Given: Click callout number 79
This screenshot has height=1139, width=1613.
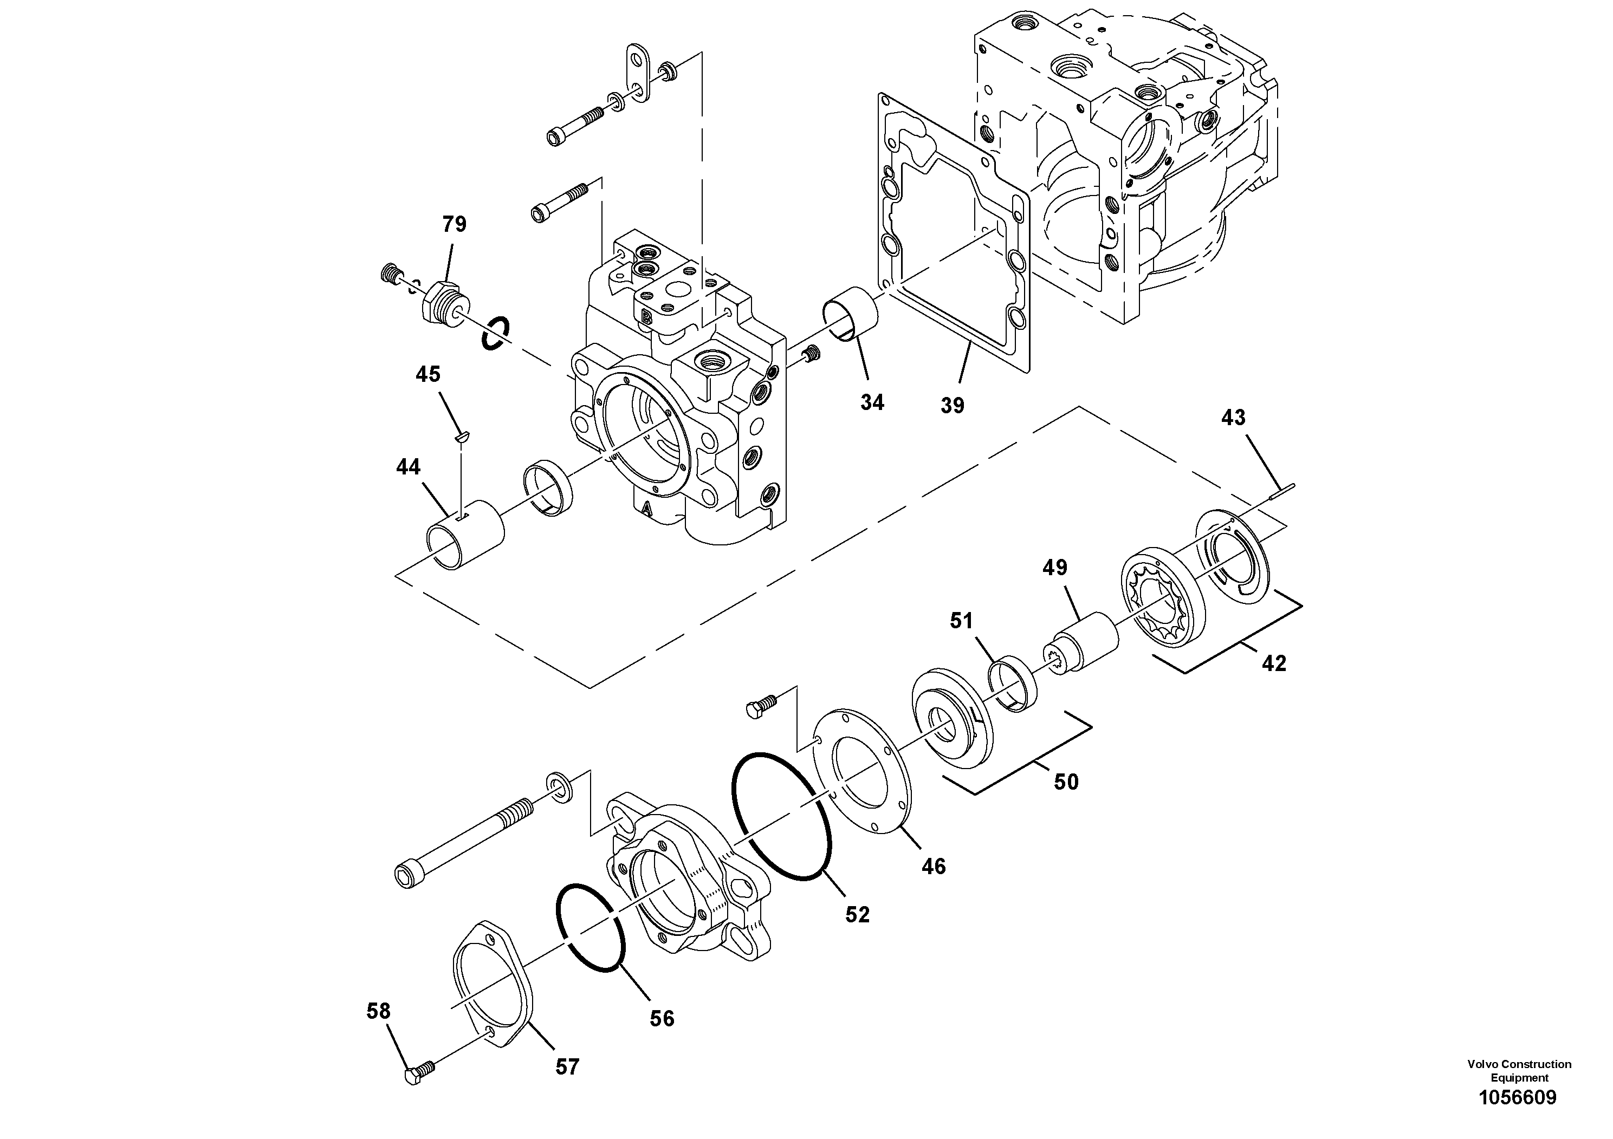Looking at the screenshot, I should [454, 225].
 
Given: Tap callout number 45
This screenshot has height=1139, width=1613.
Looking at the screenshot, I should [428, 374].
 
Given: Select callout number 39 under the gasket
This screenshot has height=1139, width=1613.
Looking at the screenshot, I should [953, 405].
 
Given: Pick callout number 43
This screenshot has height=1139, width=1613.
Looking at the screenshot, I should [1233, 418].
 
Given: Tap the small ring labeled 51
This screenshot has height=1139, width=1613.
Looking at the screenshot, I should [1012, 682].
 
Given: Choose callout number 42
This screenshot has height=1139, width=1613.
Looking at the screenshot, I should [1274, 663].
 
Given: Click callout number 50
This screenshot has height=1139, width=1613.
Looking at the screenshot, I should [1066, 782].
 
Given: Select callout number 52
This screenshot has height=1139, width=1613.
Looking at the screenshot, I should [857, 914].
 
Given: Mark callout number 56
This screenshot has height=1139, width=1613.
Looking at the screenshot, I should [662, 1018].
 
